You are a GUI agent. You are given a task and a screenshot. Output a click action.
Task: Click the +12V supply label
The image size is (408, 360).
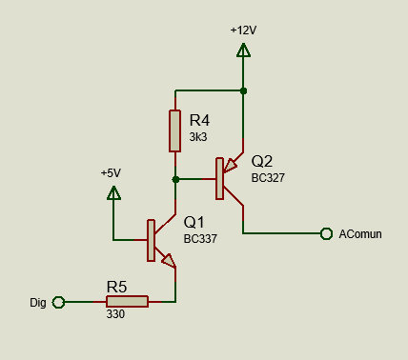tap(243, 30)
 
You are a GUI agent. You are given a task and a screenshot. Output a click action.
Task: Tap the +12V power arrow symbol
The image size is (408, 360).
tap(243, 50)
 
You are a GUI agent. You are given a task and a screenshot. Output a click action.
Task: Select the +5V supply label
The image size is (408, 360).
tap(111, 173)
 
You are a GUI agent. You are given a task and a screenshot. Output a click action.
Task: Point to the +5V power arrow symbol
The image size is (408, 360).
tap(113, 193)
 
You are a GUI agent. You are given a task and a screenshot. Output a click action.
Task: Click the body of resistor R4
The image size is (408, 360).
tap(175, 131)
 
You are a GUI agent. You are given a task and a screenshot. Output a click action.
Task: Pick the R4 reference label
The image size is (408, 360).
tap(199, 121)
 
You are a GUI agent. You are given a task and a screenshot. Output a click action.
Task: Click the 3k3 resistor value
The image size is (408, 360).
tap(198, 137)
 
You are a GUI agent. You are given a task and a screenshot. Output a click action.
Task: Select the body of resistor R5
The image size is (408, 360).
tap(127, 302)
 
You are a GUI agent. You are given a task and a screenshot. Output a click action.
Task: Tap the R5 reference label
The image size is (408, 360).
tap(116, 287)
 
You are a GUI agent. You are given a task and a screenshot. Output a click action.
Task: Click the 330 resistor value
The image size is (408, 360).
tap(115, 314)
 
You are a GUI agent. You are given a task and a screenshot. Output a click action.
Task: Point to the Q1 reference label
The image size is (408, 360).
tap(194, 222)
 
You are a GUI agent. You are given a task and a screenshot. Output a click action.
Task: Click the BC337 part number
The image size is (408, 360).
tap(200, 239)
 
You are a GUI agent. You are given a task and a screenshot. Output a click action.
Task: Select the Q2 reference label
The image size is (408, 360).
tap(262, 161)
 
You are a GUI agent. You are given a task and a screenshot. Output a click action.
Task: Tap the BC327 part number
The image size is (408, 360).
tap(268, 178)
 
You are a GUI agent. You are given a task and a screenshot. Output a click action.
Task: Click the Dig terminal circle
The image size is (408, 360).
tap(58, 302)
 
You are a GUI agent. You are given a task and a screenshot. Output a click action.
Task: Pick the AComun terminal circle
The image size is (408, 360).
tap(326, 233)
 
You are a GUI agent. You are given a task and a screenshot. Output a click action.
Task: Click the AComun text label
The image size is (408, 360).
tap(360, 234)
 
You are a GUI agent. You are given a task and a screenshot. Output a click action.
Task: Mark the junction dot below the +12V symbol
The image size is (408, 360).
tap(243, 91)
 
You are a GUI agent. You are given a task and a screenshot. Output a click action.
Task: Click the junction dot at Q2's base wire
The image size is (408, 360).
tap(175, 179)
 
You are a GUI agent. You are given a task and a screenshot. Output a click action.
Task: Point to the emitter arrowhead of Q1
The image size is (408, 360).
tap(169, 260)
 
